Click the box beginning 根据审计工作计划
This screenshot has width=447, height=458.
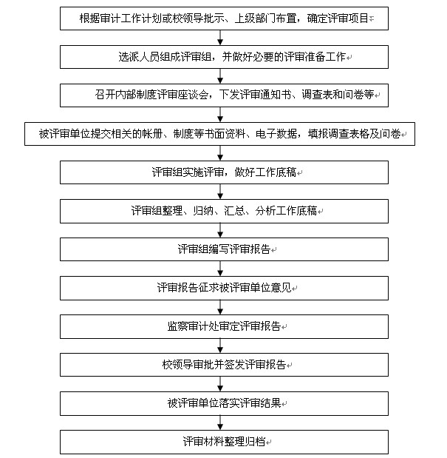pos(224,18)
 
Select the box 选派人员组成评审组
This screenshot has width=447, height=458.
pos(224,57)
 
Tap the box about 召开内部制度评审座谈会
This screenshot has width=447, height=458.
pos(224,95)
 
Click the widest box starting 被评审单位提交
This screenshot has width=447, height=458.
pos(219,134)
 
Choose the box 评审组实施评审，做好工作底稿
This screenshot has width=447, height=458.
pos(224,172)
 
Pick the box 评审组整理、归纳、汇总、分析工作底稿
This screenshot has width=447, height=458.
pos(224,211)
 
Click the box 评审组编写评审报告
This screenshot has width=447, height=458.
pos(224,249)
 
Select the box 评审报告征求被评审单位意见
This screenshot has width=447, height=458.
pos(224,288)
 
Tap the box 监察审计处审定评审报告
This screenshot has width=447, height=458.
pos(224,326)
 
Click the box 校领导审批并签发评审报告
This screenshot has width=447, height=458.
pos(224,365)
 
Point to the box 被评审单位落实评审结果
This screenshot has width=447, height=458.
pos(224,403)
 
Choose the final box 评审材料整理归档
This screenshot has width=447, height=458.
pos(224,442)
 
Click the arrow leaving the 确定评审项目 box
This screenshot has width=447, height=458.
pos(220,38)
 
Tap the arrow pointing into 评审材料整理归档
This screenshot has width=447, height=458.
pos(220,422)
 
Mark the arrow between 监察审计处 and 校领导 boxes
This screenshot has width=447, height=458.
pos(220,346)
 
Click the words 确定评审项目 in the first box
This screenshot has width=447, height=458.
pos(338,18)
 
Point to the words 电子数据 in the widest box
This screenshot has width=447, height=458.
pos(276,134)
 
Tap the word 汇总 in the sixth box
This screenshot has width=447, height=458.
pos(234,211)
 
